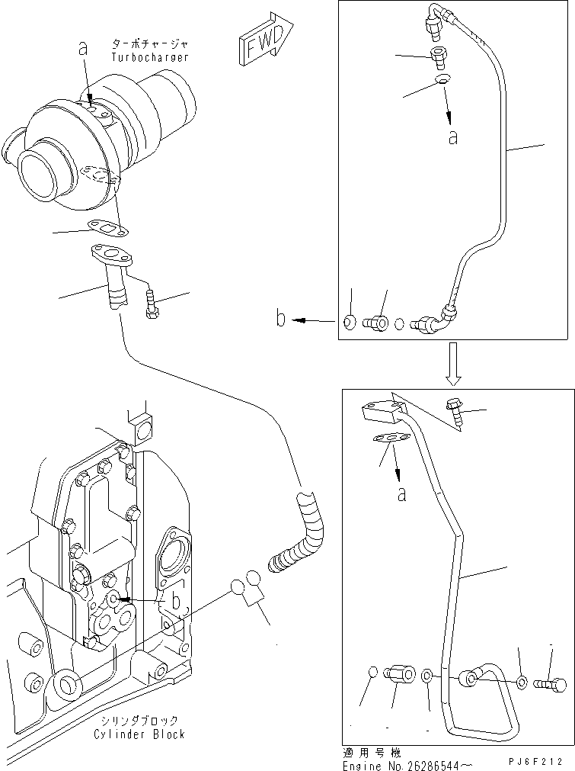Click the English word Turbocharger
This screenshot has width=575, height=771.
point(149,57)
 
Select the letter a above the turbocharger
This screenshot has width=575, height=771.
point(83,49)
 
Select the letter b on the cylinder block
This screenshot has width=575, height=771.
point(175,602)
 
